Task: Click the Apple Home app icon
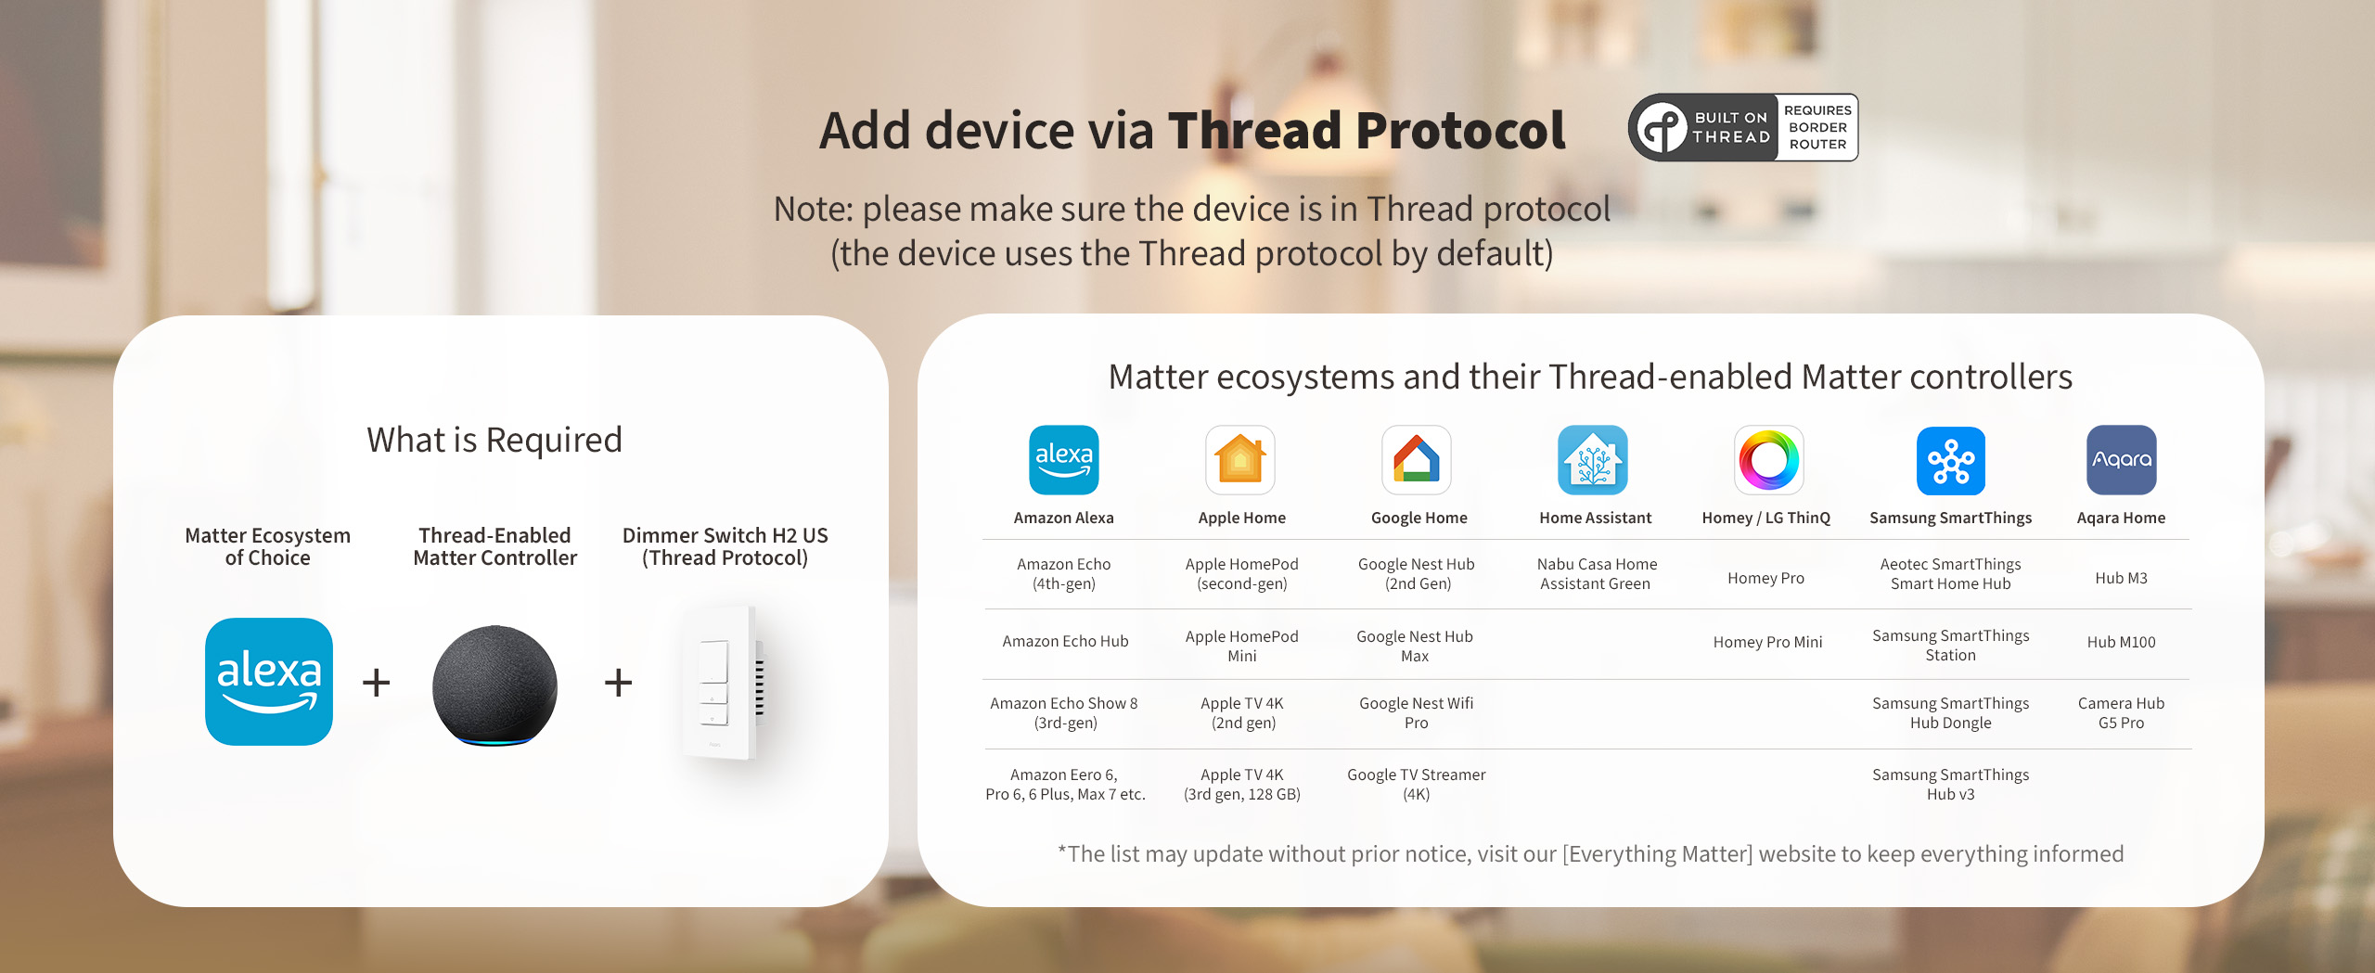click(1240, 460)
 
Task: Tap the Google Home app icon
click(1417, 460)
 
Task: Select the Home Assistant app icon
click(1593, 460)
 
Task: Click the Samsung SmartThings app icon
click(1951, 461)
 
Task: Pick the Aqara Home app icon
click(2122, 460)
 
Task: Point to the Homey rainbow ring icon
click(1769, 460)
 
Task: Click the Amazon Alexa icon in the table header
click(1064, 460)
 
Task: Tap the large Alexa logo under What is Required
click(269, 682)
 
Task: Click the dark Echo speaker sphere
click(495, 685)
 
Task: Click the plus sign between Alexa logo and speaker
click(376, 683)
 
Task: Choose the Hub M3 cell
click(2121, 578)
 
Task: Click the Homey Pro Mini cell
click(1767, 642)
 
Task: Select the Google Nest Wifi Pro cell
click(1416, 712)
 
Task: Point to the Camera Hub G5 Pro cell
click(2121, 712)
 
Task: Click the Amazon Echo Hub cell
click(1065, 641)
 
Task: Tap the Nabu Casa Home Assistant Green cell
click(1596, 573)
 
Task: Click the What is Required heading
click(494, 440)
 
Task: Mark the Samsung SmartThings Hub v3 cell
click(1950, 784)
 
